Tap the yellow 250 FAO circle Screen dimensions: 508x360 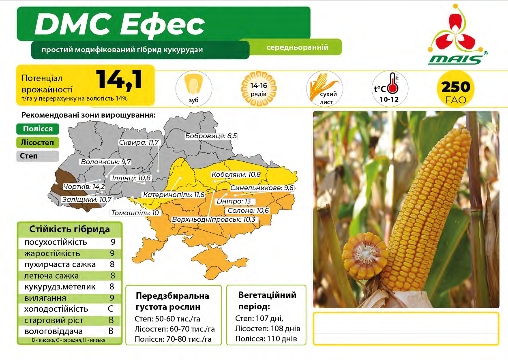coord(456,89)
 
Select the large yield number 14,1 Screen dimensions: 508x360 coord(120,80)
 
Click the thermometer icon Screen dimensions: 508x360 coord(394,83)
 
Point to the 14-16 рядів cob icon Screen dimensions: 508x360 coord(259,89)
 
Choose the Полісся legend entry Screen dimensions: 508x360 coord(38,129)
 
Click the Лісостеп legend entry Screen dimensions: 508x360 coord(38,142)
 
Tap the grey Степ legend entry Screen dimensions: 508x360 coord(38,156)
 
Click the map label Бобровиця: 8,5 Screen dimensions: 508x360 coord(211,136)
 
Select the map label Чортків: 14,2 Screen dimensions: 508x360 coord(84,186)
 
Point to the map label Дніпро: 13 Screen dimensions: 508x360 coord(234,201)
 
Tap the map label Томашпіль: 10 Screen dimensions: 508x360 coord(135,213)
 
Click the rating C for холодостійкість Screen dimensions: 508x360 coord(110,309)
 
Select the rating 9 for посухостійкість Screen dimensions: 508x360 coord(113,242)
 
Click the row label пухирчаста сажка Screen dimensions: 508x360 coord(60,264)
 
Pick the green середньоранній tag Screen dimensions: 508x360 coord(297,47)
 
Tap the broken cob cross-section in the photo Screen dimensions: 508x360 coord(365,256)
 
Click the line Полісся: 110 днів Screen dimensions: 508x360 coord(266,339)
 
